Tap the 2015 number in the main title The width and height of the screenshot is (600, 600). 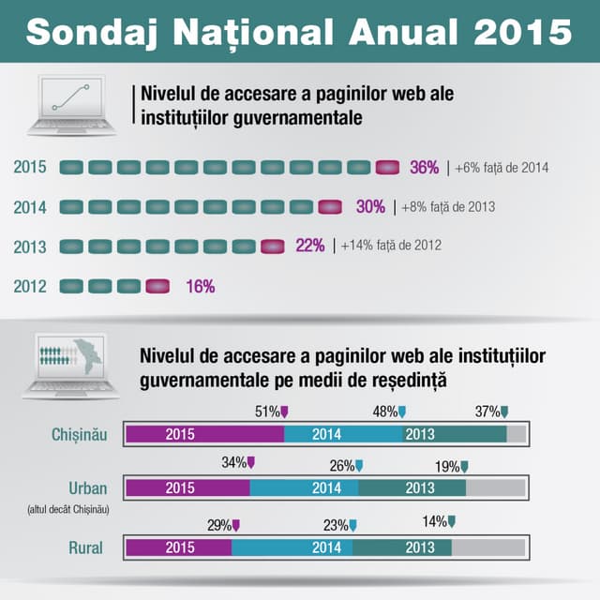pos(522,31)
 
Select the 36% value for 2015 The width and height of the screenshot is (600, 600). pos(424,168)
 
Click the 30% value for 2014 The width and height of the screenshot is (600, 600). pos(370,207)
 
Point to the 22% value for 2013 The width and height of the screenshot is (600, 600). pos(310,246)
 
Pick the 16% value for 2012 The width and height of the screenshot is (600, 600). pos(200,287)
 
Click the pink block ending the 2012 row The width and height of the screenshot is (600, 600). pos(158,287)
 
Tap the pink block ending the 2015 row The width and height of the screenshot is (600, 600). pos(387,168)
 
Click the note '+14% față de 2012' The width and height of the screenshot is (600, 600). pos(391,247)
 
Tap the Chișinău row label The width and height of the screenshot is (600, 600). pos(80,434)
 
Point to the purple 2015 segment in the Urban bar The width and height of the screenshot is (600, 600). pos(187,487)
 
